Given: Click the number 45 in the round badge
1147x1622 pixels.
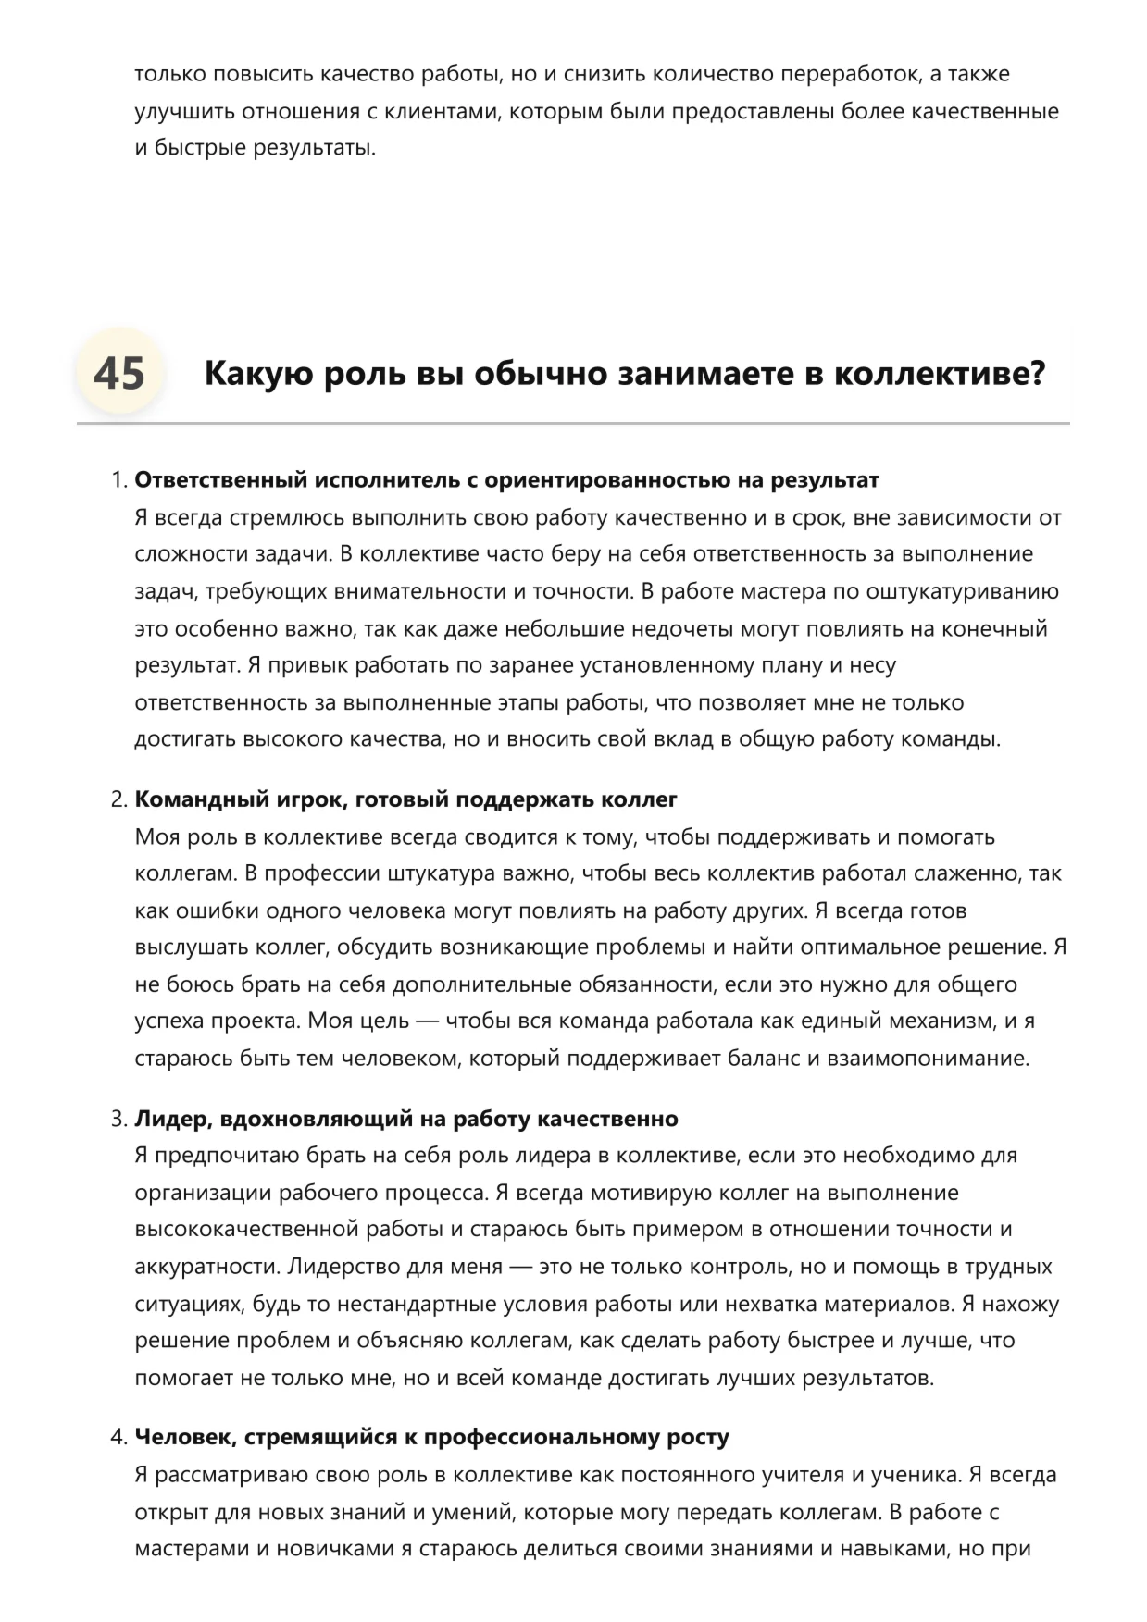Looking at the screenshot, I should (119, 374).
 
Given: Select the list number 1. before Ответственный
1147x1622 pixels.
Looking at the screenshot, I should (118, 480).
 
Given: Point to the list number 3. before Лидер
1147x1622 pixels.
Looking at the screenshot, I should (118, 1119).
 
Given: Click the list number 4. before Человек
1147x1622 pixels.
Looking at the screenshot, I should (118, 1437).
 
